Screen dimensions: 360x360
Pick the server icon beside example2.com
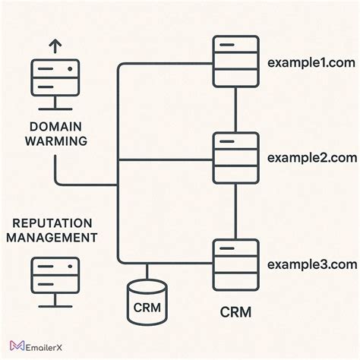(x=235, y=158)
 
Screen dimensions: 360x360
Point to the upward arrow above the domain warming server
(x=54, y=46)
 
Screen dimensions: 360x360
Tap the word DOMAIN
(x=55, y=127)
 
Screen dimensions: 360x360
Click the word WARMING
(x=55, y=141)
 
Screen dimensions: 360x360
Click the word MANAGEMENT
(x=55, y=238)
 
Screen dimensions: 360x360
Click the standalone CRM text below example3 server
(x=235, y=311)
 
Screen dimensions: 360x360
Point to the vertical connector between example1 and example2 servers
(x=235, y=110)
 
